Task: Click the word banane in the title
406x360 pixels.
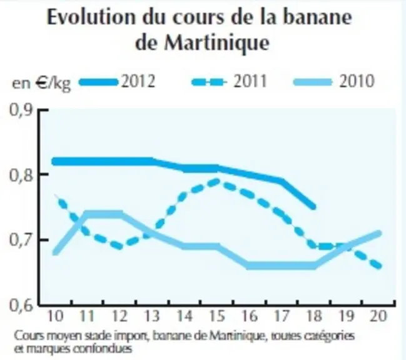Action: (317, 17)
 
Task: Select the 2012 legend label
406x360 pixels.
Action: (138, 81)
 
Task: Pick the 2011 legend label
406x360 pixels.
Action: (250, 81)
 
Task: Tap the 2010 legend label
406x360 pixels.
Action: (357, 81)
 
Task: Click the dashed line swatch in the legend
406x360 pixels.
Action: (209, 82)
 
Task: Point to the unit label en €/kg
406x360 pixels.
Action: (41, 82)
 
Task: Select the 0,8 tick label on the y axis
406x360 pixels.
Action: (21, 176)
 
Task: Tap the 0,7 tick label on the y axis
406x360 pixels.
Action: (21, 240)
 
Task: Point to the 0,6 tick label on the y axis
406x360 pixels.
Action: (21, 306)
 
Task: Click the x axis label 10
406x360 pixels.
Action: (56, 316)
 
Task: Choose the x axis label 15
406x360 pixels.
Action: (217, 316)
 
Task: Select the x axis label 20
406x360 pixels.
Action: (378, 316)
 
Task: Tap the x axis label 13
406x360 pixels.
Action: (152, 316)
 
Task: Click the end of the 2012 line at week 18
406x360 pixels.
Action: (313, 207)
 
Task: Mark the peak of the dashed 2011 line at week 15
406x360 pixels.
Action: (217, 181)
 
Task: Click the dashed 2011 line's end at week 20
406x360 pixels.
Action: (378, 266)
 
